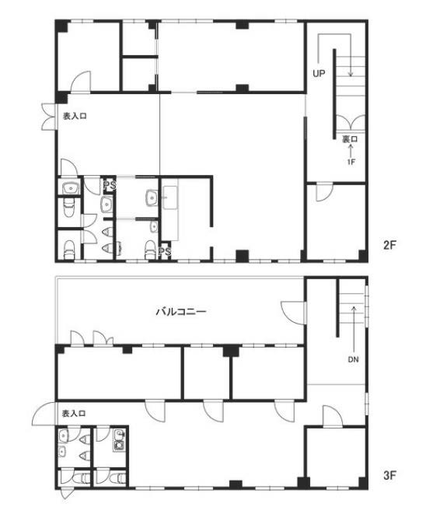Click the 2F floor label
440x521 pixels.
pos(389,245)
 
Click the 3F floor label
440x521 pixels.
pos(389,475)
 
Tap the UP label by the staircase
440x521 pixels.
pos(319,73)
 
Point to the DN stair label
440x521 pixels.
pos(354,359)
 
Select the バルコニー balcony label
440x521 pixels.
pos(181,312)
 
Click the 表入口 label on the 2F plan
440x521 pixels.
pos(75,117)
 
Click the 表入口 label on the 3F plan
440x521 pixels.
pos(74,414)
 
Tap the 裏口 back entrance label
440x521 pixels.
pos(350,139)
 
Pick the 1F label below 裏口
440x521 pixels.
pos(351,162)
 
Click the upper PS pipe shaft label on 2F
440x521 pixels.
pos(110,185)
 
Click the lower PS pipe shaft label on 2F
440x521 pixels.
pos(165,251)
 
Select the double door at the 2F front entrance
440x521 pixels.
pos(49,117)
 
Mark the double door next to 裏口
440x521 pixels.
pos(351,122)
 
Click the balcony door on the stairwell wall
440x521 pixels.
pos(293,313)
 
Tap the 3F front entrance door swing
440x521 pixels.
pos(44,414)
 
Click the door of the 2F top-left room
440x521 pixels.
pos(80,82)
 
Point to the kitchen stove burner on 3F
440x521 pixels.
pos(118,445)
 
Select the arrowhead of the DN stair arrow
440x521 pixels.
pos(354,308)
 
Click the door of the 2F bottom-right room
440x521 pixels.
pos(324,192)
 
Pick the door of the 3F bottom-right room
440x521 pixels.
pos(333,416)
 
